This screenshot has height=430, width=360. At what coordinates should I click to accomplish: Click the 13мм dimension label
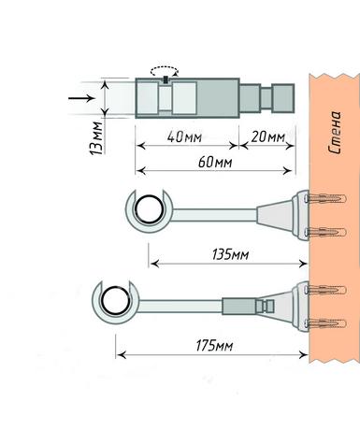[x=96, y=137]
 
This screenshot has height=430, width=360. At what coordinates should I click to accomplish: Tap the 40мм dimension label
[x=184, y=137]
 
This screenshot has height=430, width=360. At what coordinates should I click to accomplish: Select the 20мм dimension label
[x=268, y=136]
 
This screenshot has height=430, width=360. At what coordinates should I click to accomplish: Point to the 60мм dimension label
[x=215, y=162]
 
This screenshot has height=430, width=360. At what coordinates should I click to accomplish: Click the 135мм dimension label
[x=231, y=254]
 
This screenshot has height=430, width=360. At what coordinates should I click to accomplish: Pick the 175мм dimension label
[x=214, y=346]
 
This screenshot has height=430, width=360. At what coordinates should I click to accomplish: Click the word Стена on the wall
[x=335, y=133]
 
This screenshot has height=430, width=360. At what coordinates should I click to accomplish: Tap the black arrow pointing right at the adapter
[x=81, y=98]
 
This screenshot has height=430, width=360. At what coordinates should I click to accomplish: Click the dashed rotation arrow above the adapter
[x=165, y=71]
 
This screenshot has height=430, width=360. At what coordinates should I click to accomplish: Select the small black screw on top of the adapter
[x=166, y=79]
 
